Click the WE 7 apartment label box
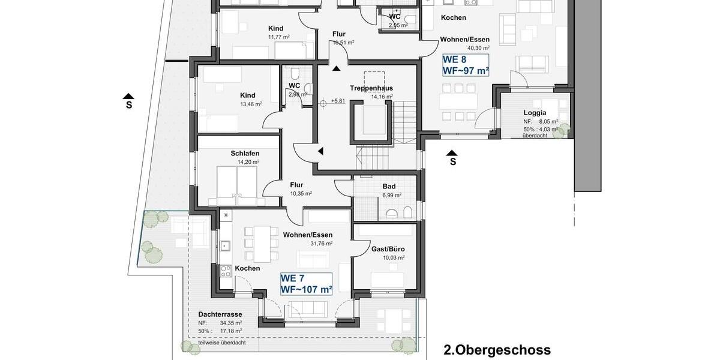[x=307, y=284]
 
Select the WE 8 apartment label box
[x=466, y=65]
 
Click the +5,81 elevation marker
[x=338, y=101]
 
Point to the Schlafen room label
[x=245, y=154]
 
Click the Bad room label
[x=389, y=186]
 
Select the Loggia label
[x=535, y=112]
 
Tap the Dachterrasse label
[x=220, y=314]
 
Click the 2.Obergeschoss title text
[x=497, y=350]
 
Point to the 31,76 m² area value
[x=321, y=244]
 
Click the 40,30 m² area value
[x=478, y=48]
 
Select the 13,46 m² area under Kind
[x=250, y=104]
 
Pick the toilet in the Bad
[x=407, y=212]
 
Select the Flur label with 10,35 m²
[x=296, y=185]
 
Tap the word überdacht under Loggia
[x=534, y=136]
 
